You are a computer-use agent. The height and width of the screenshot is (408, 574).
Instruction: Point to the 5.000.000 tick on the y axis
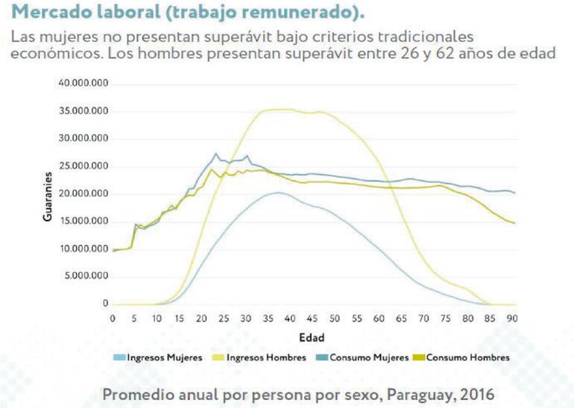85,276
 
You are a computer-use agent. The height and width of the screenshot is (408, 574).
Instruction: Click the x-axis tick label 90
512,318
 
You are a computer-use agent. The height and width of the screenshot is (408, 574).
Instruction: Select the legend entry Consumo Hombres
467,357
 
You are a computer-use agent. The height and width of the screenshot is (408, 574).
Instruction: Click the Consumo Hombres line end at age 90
514,223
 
